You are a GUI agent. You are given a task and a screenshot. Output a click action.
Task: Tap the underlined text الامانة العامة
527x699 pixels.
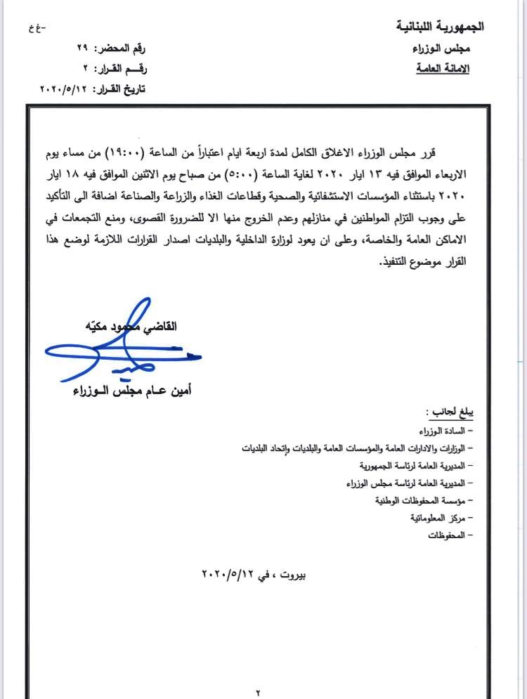pos(443,69)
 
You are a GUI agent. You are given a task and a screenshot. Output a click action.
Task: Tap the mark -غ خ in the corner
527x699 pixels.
pos(33,28)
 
